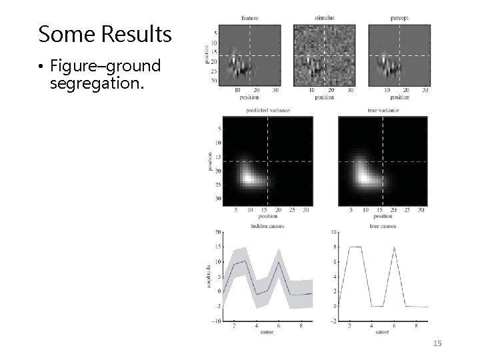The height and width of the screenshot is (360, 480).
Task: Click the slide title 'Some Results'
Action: click(105, 34)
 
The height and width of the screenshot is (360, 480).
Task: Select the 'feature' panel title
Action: click(251, 17)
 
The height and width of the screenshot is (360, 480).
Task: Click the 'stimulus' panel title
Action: click(325, 17)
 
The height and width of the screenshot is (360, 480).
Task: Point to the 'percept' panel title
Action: click(401, 17)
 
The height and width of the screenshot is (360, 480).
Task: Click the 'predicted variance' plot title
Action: click(265, 109)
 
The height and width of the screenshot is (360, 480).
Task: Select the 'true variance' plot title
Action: click(383, 109)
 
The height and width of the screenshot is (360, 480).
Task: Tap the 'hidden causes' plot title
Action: click(265, 226)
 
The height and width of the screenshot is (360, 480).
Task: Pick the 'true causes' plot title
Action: click(382, 226)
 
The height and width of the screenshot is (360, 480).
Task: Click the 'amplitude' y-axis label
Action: click(209, 276)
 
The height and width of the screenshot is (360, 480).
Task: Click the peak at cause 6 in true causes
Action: click(393, 247)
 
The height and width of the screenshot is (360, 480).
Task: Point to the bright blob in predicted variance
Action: click(248, 179)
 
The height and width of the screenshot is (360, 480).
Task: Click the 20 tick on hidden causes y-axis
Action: click(217, 233)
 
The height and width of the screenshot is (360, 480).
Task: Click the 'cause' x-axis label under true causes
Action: click(382, 331)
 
